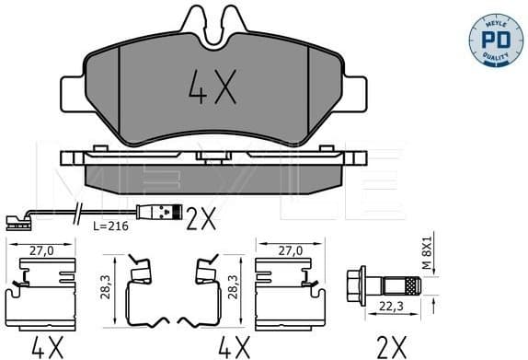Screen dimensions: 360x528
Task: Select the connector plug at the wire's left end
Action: click(13, 219)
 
